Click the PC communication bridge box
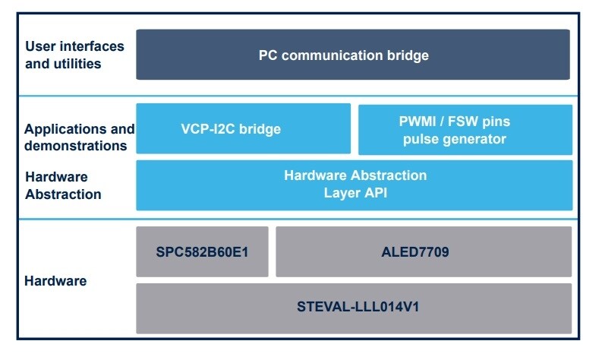tap(353, 55)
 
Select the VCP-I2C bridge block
tap(243, 129)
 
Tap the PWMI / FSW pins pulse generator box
tap(465, 129)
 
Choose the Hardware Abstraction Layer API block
tap(354, 185)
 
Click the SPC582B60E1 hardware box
tap(202, 251)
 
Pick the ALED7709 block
tap(424, 251)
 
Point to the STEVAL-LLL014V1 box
tap(354, 308)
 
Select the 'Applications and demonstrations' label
tap(79, 137)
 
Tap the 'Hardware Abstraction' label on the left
tap(63, 185)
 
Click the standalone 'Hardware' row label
tap(55, 281)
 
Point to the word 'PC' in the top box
tap(268, 55)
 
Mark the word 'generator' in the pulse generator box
tap(476, 139)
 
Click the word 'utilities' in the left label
tap(77, 64)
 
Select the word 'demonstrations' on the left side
tap(75, 145)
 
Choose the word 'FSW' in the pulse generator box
tap(460, 121)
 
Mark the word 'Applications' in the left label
tap(66, 128)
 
